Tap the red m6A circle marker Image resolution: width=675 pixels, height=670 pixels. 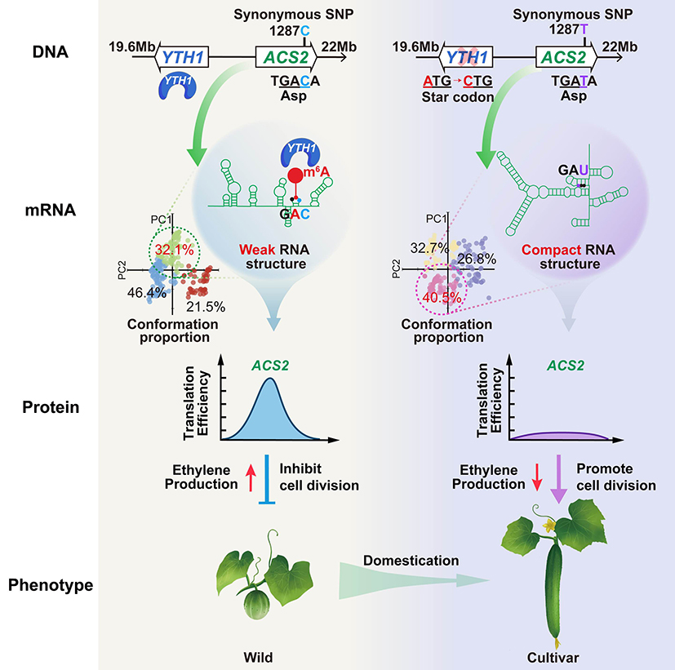coord(295,178)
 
